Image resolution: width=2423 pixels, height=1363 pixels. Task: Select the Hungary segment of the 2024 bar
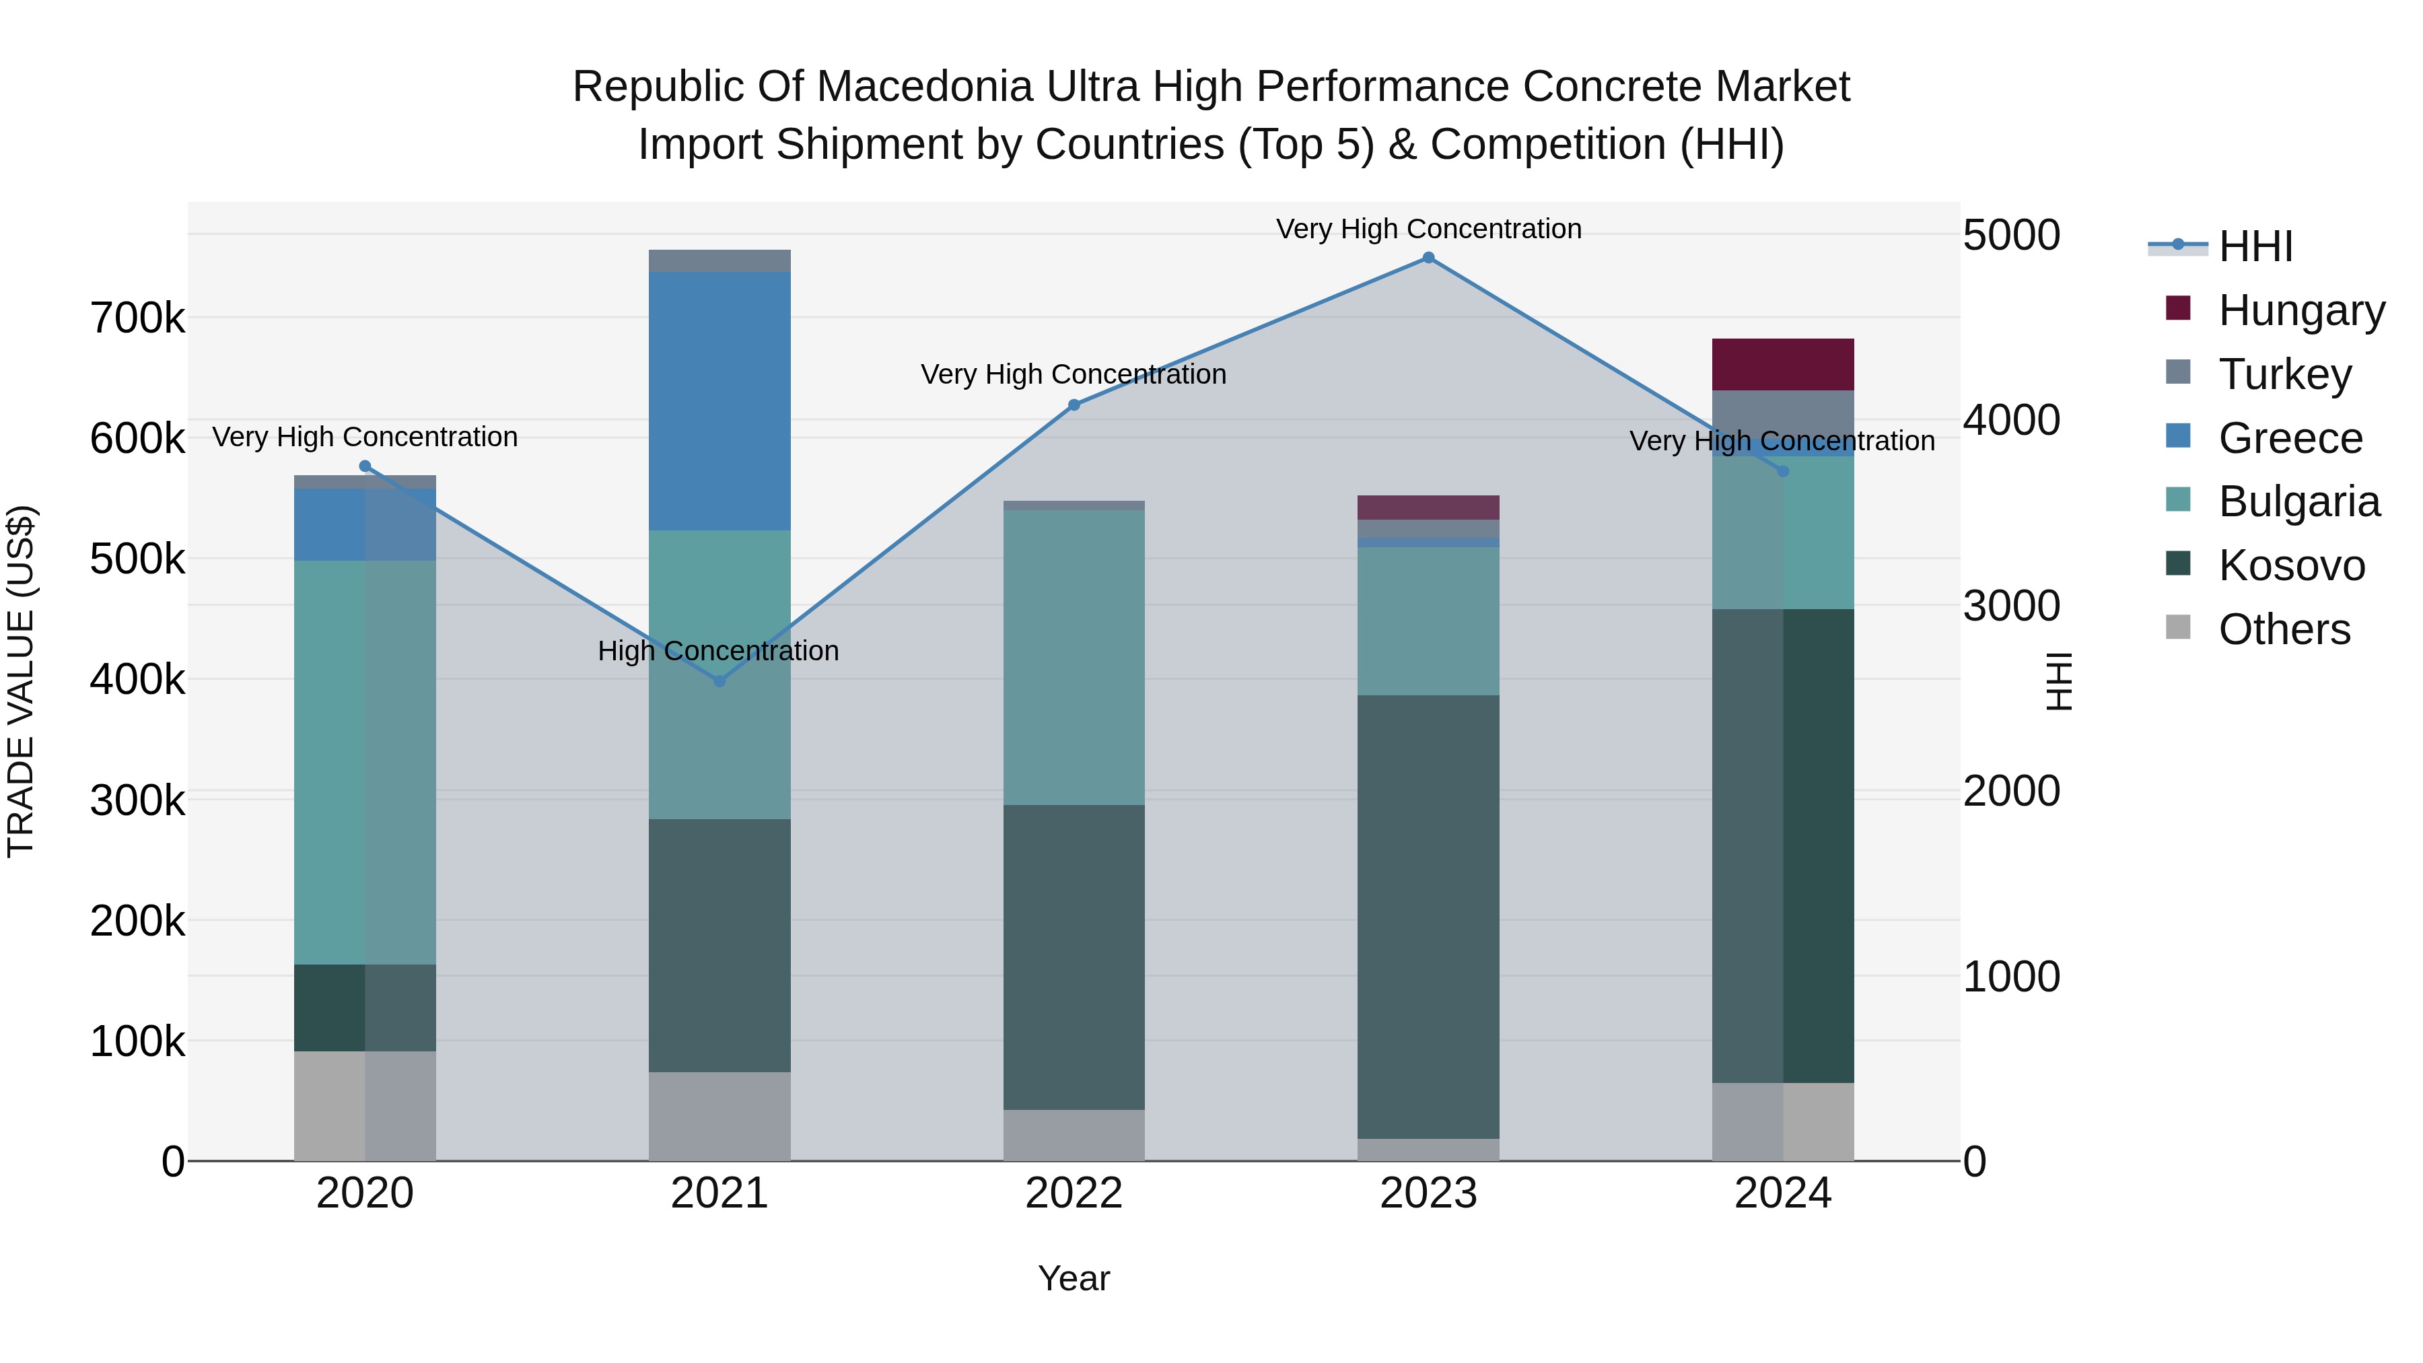tap(1782, 364)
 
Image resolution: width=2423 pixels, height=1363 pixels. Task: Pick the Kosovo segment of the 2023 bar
tap(1428, 917)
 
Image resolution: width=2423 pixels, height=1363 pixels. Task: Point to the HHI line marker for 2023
tap(1428, 258)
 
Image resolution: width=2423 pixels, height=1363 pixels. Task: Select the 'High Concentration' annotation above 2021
tap(717, 651)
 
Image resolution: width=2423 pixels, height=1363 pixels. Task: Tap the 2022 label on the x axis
tap(1074, 1193)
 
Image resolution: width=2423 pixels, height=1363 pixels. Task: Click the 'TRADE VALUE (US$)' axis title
tap(21, 681)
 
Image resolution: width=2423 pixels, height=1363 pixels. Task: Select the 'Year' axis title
tap(1074, 1278)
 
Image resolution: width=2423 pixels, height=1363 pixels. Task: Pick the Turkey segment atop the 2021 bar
tap(719, 260)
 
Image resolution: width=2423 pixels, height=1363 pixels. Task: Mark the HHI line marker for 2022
tap(1074, 405)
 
